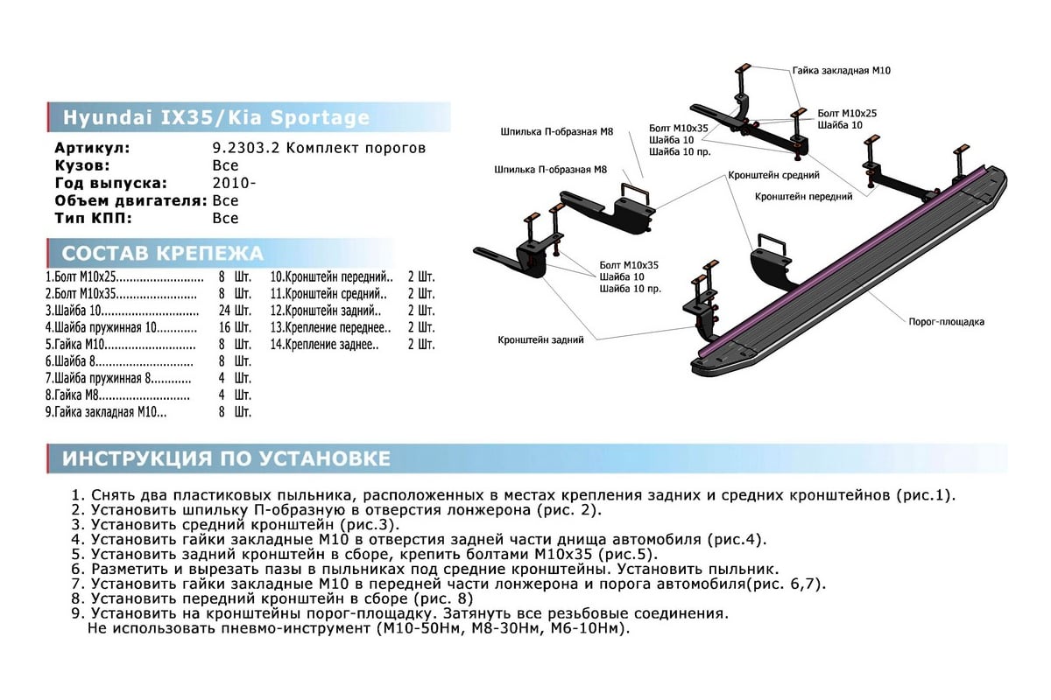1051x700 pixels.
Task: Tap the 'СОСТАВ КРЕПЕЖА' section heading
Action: tap(162, 254)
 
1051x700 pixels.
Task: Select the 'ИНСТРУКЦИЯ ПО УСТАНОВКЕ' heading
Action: tap(226, 458)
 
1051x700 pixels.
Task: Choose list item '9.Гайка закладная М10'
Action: tap(105, 410)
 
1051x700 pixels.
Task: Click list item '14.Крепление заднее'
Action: tap(325, 344)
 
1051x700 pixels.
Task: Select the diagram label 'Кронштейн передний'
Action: tap(804, 197)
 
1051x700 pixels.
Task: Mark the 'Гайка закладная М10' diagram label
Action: tap(841, 69)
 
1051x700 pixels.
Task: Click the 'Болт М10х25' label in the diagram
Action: tap(847, 114)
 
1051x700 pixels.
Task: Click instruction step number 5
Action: tap(78, 554)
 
